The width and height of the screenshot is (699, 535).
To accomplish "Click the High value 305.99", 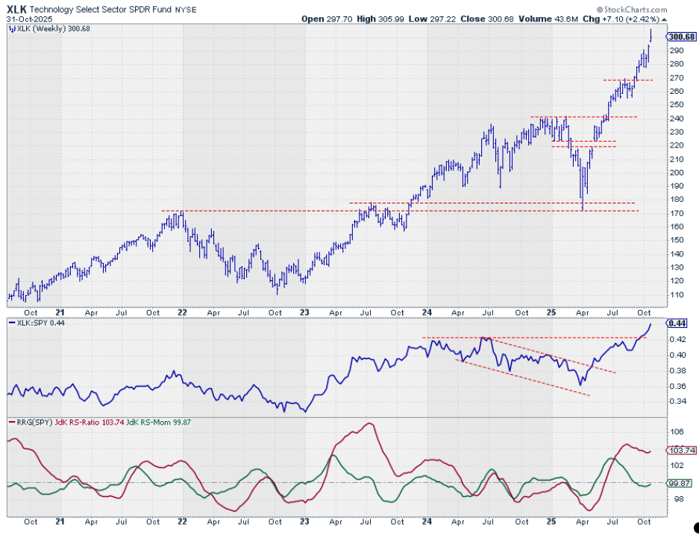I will [390, 19].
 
